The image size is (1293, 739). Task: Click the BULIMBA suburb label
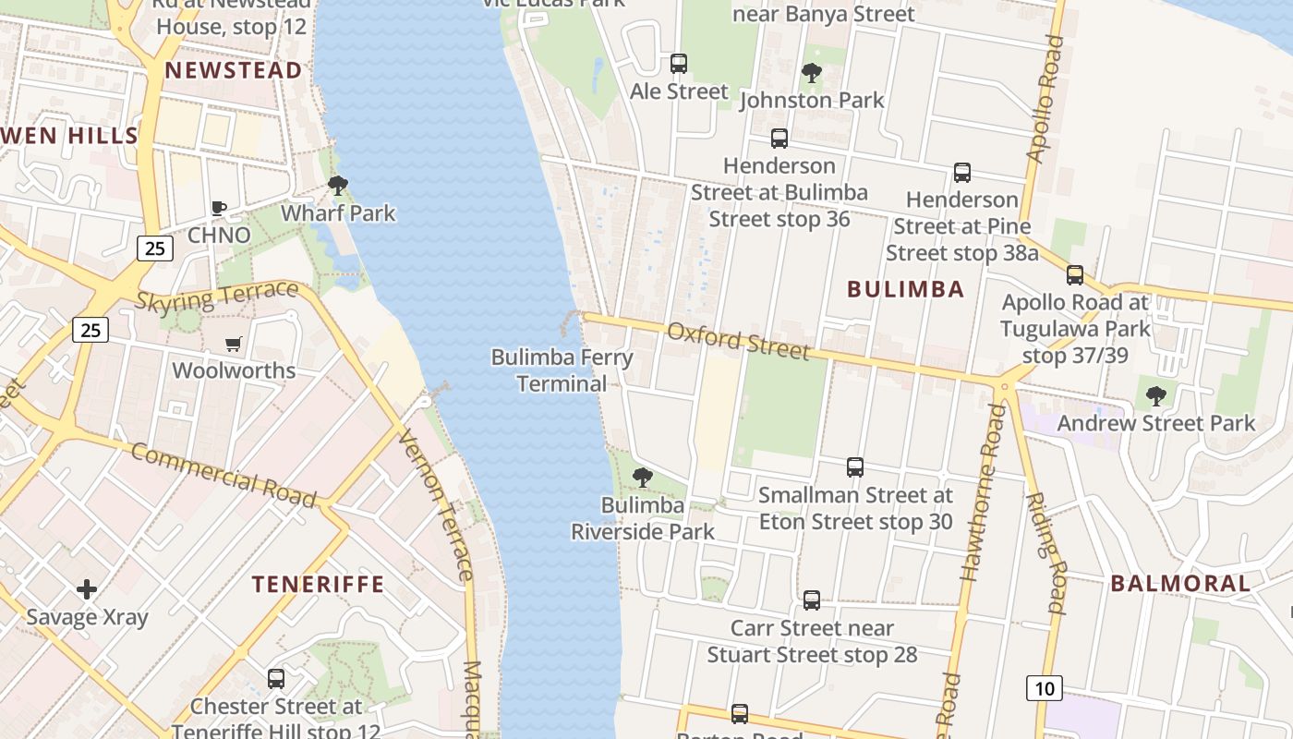pyautogui.click(x=905, y=289)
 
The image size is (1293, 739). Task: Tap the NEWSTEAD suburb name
pyautogui.click(x=233, y=71)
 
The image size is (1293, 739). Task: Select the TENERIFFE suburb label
pyautogui.click(x=318, y=584)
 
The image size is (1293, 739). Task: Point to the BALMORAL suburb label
pyautogui.click(x=1179, y=584)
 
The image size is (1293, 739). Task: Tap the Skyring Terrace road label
pyautogui.click(x=217, y=297)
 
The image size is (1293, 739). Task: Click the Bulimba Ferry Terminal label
pyautogui.click(x=562, y=370)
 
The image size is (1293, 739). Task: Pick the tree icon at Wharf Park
pyautogui.click(x=338, y=185)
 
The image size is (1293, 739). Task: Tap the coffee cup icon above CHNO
pyautogui.click(x=219, y=208)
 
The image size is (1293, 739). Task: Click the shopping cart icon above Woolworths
pyautogui.click(x=234, y=344)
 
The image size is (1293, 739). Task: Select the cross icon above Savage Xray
pyautogui.click(x=87, y=588)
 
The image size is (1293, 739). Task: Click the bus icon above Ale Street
pyautogui.click(x=679, y=64)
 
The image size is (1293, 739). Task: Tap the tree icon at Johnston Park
pyautogui.click(x=812, y=72)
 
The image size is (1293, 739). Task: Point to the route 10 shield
pyautogui.click(x=1044, y=688)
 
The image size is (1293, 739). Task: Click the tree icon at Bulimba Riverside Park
pyautogui.click(x=642, y=478)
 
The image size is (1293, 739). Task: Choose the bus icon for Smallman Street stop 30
pyautogui.click(x=855, y=467)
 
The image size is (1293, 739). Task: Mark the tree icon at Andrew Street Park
pyautogui.click(x=1155, y=396)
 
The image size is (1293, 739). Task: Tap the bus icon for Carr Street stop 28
pyautogui.click(x=812, y=600)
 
